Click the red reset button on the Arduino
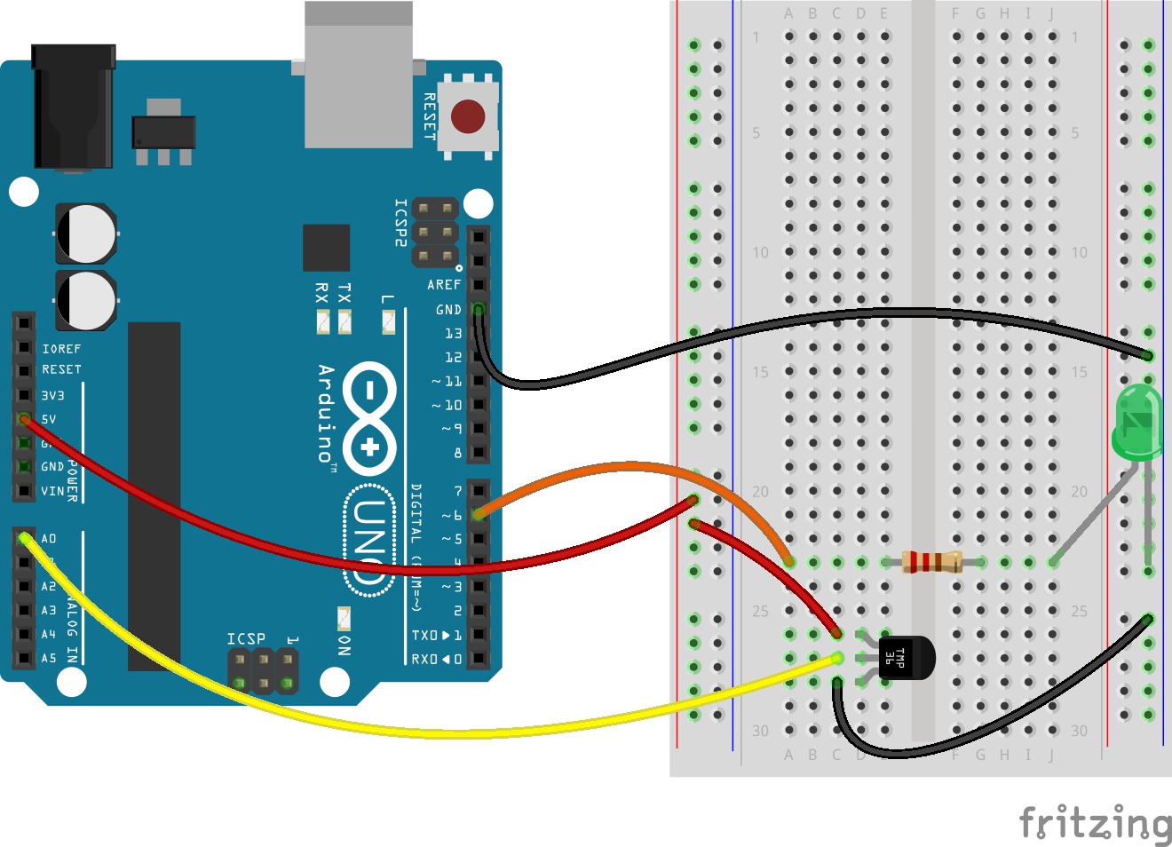point(468,116)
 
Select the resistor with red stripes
point(931,561)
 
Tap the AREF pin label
point(444,285)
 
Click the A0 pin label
point(49,538)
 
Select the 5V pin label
point(49,419)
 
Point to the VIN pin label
point(52,490)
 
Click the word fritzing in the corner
point(1095,823)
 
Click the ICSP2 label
point(401,222)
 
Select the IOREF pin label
point(61,349)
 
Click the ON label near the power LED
point(344,645)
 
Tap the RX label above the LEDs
point(322,292)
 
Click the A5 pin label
point(49,658)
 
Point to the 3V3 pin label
point(52,395)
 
